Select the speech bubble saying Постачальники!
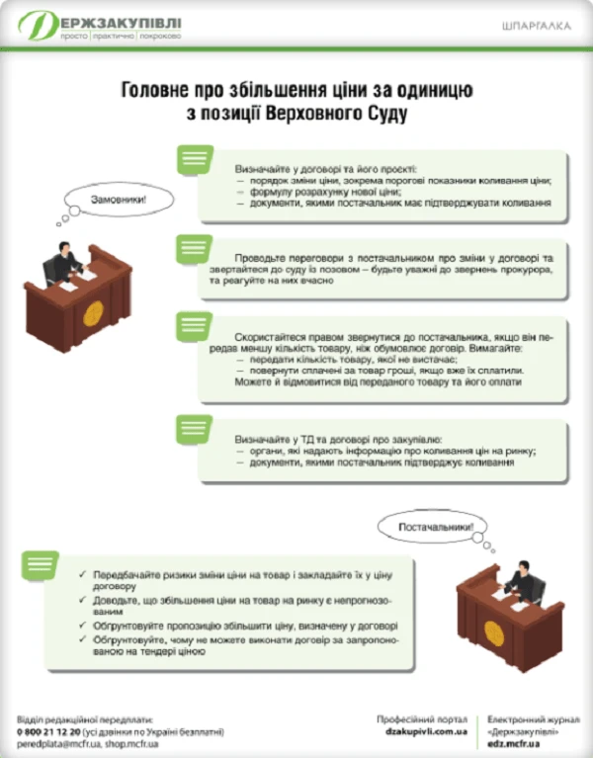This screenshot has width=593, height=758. pyautogui.click(x=436, y=528)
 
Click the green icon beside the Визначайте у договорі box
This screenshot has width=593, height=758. pyautogui.click(x=195, y=159)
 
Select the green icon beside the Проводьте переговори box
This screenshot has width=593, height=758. pyautogui.click(x=195, y=248)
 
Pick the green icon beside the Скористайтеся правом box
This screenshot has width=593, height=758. pyautogui.click(x=195, y=325)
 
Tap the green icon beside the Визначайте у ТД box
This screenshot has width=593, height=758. pyautogui.click(x=195, y=429)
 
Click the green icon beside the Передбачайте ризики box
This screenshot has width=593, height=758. pyautogui.click(x=39, y=564)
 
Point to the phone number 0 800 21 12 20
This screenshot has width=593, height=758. pyautogui.click(x=48, y=732)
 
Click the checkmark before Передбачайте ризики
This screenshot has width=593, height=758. pyautogui.click(x=82, y=574)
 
